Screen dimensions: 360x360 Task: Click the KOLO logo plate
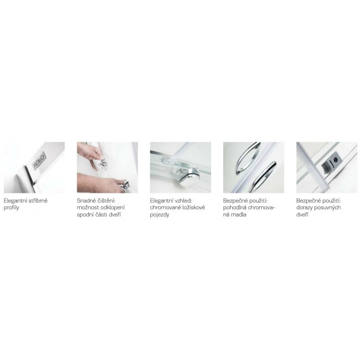[x=40, y=161]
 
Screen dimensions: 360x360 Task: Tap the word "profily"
[x=11, y=208]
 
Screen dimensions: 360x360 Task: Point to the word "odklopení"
[x=113, y=208]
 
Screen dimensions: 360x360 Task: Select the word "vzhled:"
[x=183, y=201]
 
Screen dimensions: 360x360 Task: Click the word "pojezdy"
[x=160, y=215]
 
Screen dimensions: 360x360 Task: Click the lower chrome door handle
[x=263, y=177]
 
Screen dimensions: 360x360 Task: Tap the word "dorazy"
[x=304, y=208]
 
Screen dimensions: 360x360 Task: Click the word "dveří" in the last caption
[x=302, y=215]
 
